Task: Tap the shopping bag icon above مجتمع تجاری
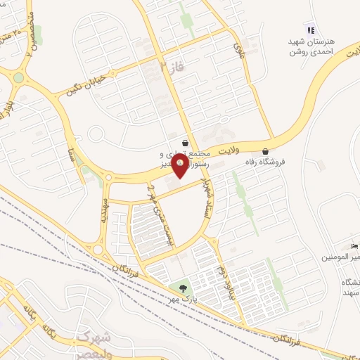pyautogui.click(x=184, y=142)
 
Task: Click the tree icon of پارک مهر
pyautogui.click(x=183, y=288)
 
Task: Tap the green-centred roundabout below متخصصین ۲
pyautogui.click(x=18, y=77)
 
